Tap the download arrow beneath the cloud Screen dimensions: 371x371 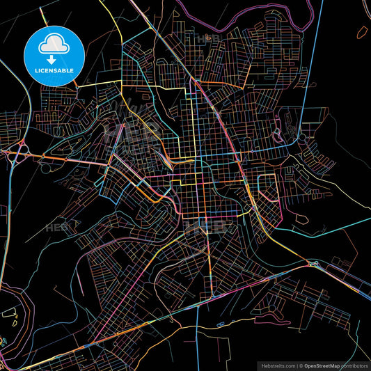pyautogui.click(x=53, y=60)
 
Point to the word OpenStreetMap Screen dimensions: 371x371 pyautogui.click(x=323, y=365)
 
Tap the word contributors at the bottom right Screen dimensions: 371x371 pyautogui.click(x=354, y=365)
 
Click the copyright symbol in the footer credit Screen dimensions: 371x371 pyautogui.click(x=301, y=365)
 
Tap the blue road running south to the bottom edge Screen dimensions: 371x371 pyautogui.click(x=198, y=334)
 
